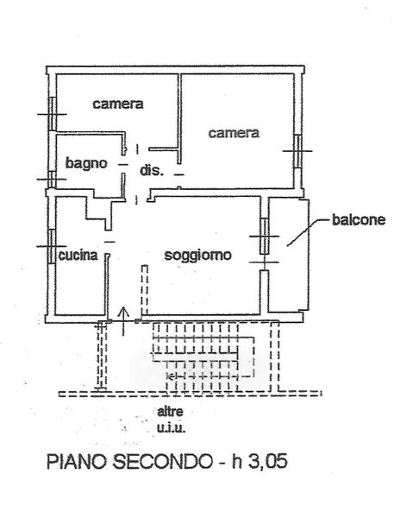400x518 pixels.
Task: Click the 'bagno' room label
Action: click(86, 164)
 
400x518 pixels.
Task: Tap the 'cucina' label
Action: click(78, 256)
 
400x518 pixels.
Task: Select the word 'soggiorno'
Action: click(198, 256)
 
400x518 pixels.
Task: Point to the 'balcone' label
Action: click(359, 219)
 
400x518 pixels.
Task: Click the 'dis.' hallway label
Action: click(152, 171)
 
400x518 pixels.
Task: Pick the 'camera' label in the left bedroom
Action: click(118, 104)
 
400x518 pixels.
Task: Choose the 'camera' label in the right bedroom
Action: click(234, 133)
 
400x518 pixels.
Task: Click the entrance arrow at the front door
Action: click(123, 321)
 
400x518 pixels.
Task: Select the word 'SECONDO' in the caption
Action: click(163, 461)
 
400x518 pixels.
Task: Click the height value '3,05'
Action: click(267, 461)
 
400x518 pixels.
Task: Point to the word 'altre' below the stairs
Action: click(170, 412)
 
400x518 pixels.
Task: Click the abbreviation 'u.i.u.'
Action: click(171, 428)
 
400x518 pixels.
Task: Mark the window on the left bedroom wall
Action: click(52, 114)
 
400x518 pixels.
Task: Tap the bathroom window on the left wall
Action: click(52, 180)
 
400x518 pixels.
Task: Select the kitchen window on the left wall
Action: click(52, 246)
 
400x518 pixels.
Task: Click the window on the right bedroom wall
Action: click(297, 151)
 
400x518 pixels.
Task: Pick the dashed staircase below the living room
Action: click(203, 357)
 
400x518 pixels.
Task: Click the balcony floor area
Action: click(289, 255)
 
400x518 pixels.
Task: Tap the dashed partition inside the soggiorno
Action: click(145, 290)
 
